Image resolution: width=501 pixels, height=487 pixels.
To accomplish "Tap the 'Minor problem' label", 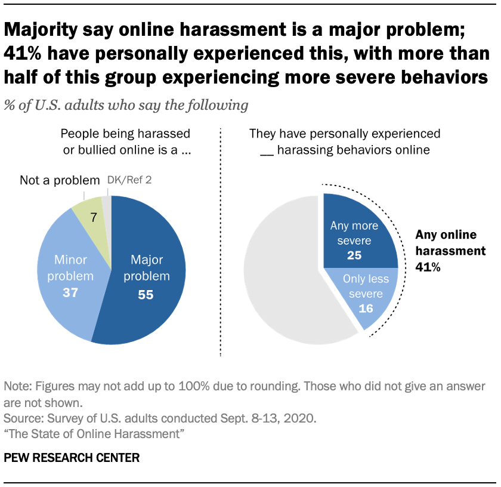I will pos(73,267).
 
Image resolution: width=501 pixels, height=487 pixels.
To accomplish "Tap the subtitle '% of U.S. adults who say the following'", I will pos(126,106).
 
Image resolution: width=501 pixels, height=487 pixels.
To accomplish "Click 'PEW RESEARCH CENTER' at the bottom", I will pos(72,458).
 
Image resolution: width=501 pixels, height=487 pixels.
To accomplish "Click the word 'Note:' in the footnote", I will pos(18,386).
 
